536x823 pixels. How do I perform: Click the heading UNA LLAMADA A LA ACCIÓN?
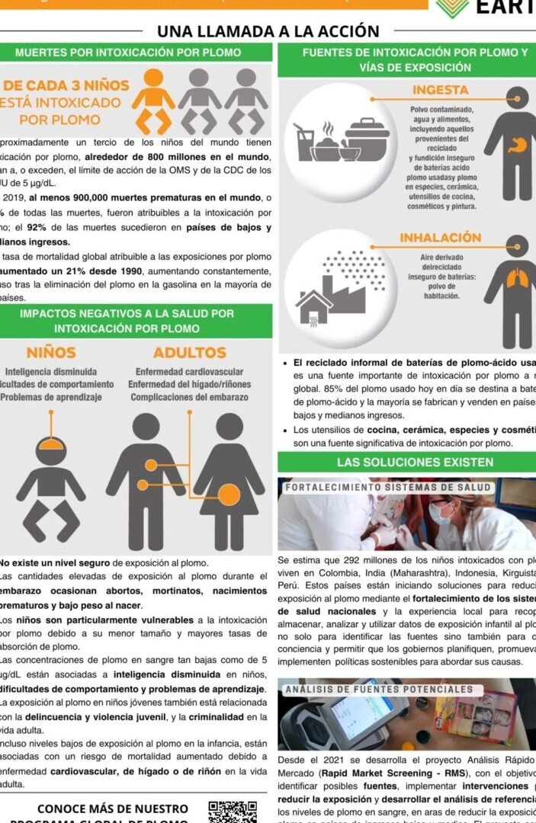pyautogui.click(x=268, y=31)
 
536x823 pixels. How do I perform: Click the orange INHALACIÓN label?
pyautogui.click(x=440, y=238)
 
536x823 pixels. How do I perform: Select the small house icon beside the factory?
pyautogui.click(x=313, y=307)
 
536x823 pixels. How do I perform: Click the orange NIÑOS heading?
pyautogui.click(x=51, y=353)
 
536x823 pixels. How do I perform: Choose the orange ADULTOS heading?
pyautogui.click(x=189, y=353)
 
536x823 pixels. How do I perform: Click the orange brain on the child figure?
pyautogui.click(x=50, y=442)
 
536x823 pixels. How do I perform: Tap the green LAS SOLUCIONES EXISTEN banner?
pyautogui.click(x=406, y=463)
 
